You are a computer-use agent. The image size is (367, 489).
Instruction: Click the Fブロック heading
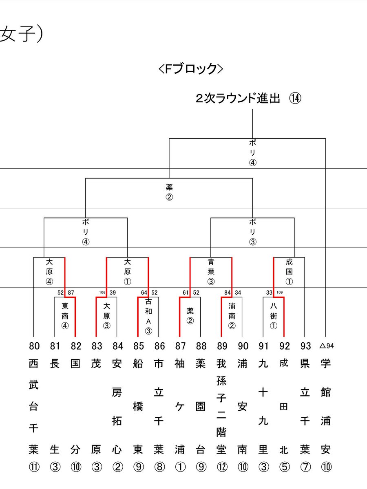191,68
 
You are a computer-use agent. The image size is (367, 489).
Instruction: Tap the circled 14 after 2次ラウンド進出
295,99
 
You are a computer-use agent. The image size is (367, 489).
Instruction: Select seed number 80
34,346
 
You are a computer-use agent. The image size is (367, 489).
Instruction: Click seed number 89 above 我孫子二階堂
221,346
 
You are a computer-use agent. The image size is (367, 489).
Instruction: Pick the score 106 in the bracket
102,292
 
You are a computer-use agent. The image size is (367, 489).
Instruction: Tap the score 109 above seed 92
279,292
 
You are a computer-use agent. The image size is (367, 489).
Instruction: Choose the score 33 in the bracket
269,292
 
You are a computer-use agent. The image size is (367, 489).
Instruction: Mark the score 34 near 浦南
238,292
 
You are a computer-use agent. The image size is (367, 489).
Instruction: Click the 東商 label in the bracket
65,311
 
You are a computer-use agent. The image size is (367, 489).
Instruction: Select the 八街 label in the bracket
274,311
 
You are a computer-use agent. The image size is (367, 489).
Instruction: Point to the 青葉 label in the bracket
211,267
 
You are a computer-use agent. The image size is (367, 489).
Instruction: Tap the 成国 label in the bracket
290,267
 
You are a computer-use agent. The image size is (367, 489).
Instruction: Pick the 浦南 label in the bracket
232,311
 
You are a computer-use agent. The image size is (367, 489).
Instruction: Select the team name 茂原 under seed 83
97,406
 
